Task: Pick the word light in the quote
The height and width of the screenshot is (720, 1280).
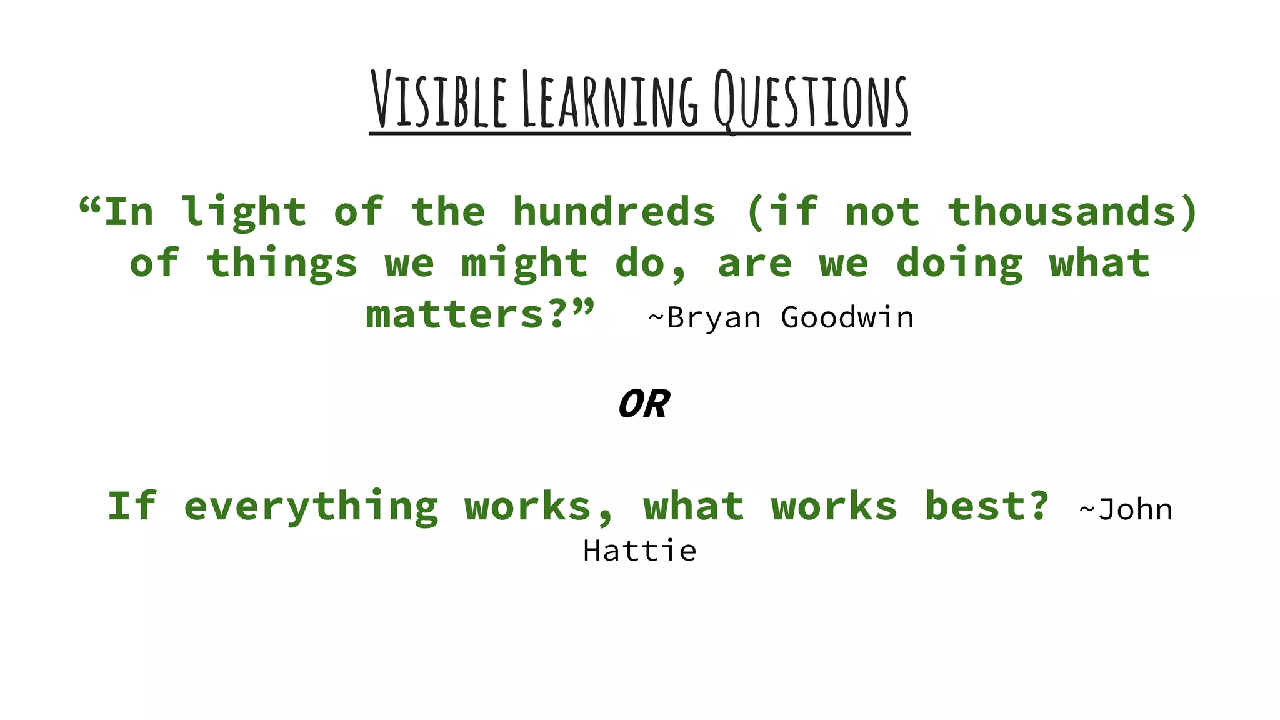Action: (x=244, y=212)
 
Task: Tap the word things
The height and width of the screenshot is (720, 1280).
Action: (x=282, y=264)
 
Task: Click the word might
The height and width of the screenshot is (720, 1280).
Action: (x=524, y=264)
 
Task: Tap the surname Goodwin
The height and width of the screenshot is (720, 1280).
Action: (x=847, y=318)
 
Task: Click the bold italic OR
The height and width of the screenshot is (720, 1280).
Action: (x=644, y=404)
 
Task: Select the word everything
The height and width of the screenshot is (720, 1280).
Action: (x=311, y=507)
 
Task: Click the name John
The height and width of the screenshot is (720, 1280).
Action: (x=1135, y=509)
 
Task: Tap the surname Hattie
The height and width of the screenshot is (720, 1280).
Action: (x=639, y=551)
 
